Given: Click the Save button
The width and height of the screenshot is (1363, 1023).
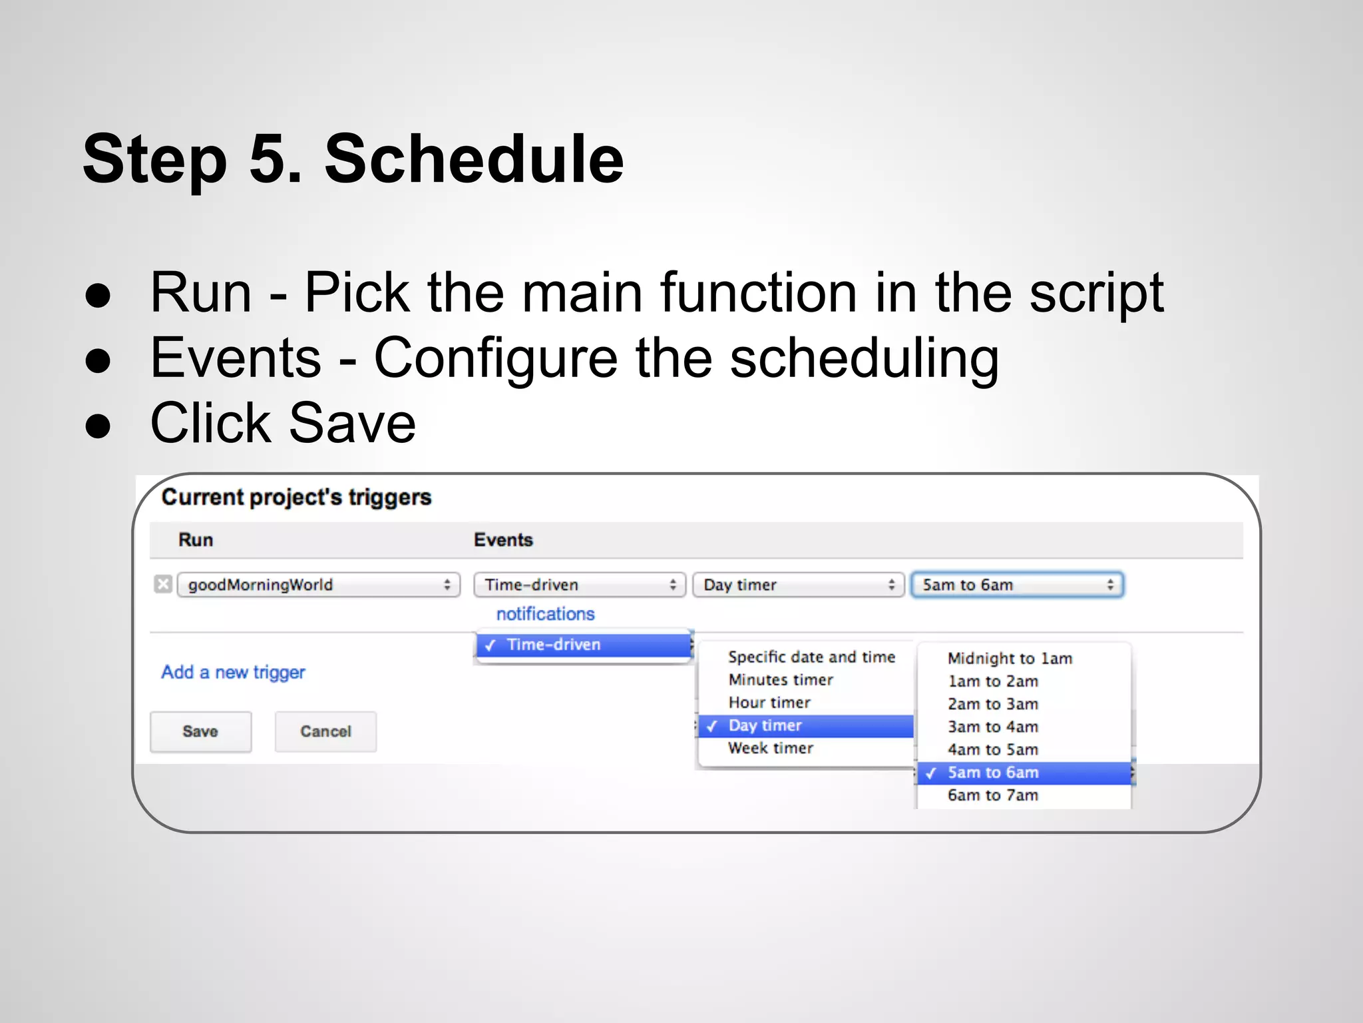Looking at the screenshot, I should click(x=200, y=731).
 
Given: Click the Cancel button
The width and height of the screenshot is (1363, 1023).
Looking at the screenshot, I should click(x=325, y=731).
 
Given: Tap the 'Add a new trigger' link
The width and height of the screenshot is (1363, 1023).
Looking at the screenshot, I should click(x=233, y=672).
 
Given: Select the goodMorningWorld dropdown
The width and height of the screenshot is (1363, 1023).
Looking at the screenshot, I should click(x=319, y=585).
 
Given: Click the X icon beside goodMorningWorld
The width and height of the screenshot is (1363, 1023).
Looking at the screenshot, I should click(x=163, y=584).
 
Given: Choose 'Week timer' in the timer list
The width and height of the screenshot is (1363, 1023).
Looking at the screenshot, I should click(x=771, y=748).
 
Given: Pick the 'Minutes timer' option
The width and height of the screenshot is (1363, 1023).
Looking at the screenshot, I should click(x=781, y=680).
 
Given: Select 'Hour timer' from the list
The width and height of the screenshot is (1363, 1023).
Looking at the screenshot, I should click(x=769, y=703).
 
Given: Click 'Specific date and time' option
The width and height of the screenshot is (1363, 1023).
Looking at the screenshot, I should click(x=811, y=657).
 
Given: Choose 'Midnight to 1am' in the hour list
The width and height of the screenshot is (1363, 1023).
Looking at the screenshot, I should click(x=1010, y=658).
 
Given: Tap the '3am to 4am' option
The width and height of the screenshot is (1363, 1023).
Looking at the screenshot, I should click(x=993, y=727).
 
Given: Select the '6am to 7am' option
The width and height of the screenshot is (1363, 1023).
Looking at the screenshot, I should click(x=993, y=795).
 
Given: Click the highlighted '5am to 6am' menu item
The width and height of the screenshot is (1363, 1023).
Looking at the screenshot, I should click(x=993, y=773).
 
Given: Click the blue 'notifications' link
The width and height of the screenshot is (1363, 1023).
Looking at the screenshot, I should click(x=545, y=613).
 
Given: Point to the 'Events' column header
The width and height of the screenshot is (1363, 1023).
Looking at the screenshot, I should click(x=503, y=539).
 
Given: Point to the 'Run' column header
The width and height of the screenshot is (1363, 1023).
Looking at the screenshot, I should click(x=196, y=539).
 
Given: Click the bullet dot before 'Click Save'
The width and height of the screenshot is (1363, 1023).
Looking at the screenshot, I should click(x=98, y=426).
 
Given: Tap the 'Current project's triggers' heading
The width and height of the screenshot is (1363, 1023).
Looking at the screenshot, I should click(x=296, y=497).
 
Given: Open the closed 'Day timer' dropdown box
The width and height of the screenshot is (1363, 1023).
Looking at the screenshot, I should click(x=798, y=585).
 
